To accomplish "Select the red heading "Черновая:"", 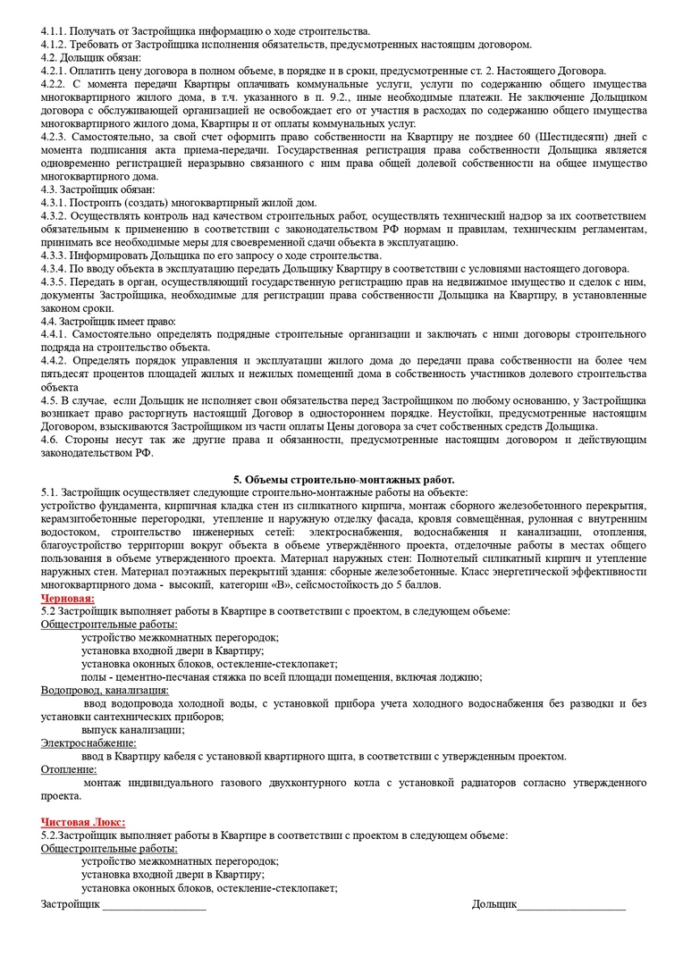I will [68, 598].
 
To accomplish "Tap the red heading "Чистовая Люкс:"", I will [83, 822].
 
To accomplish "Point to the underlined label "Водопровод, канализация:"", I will [105, 690].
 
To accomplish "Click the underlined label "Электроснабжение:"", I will [89, 743].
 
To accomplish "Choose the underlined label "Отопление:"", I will [70, 768].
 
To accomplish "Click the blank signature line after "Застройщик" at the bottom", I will [154, 905].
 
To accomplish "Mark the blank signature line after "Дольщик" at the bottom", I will [571, 905].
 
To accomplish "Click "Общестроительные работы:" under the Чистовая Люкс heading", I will [109, 848].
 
